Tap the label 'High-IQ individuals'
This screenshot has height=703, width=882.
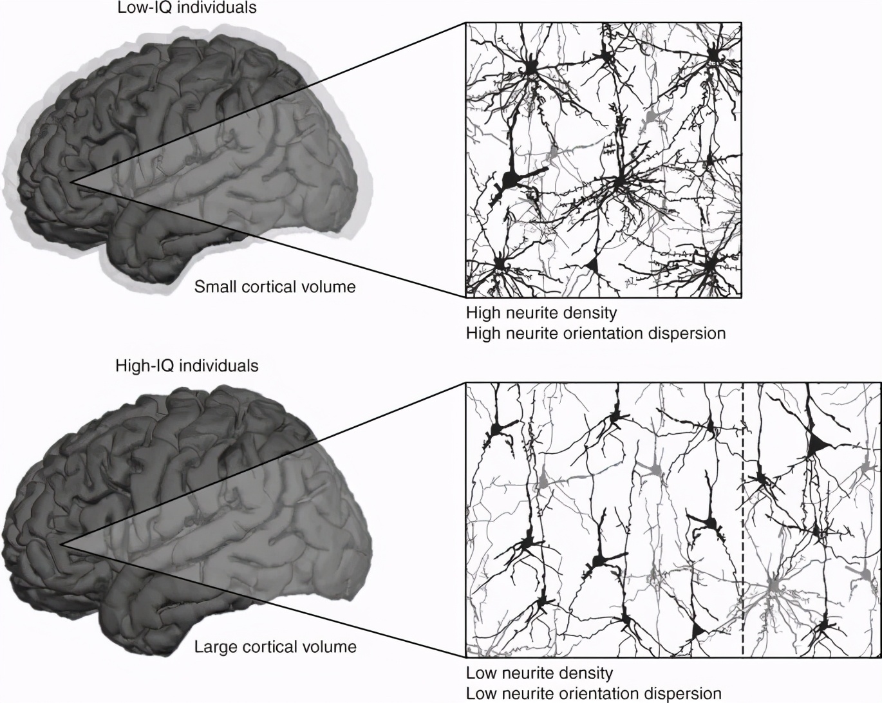pos(187,366)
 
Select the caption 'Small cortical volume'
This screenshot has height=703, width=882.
pos(275,286)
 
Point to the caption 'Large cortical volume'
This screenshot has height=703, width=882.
pos(276,646)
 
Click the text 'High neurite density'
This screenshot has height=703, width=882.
pos(541,314)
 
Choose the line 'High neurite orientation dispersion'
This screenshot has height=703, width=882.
pos(596,333)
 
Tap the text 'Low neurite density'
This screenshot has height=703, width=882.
pos(540,673)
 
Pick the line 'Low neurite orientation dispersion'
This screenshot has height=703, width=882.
pos(594,693)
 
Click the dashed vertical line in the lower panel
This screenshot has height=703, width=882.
pos(743,515)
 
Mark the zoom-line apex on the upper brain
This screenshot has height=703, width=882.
pos(73,183)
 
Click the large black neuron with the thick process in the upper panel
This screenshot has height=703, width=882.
pos(512,180)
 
